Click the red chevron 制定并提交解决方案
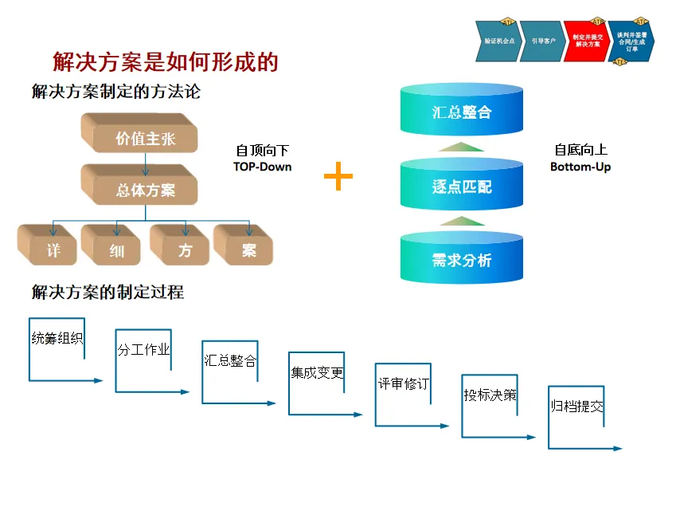(x=587, y=41)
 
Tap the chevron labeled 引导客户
(x=543, y=41)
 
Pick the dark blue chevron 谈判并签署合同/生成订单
(x=631, y=41)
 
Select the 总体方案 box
(x=144, y=190)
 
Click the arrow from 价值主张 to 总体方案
(x=145, y=164)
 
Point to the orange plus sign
(x=338, y=176)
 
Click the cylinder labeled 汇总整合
(x=462, y=112)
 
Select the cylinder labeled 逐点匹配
(x=462, y=187)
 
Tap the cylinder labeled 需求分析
(x=462, y=259)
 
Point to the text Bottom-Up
(x=580, y=167)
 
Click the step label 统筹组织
(x=57, y=338)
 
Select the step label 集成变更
(x=317, y=372)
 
